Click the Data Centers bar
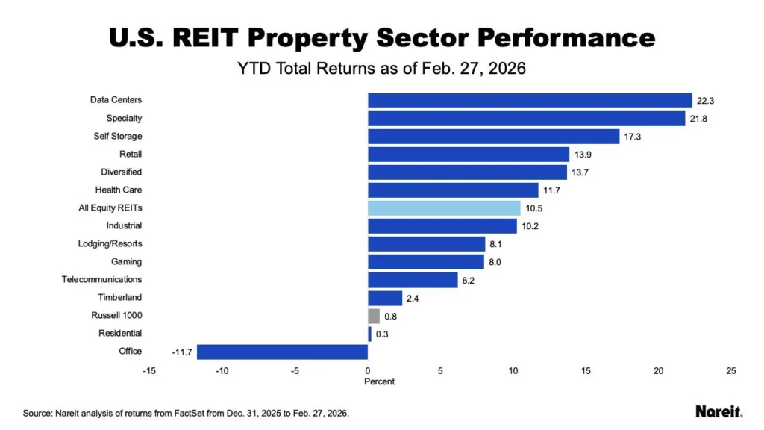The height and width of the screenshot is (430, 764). [530, 100]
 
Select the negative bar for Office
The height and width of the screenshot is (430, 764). [282, 352]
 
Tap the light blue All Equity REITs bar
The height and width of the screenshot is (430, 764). [444, 208]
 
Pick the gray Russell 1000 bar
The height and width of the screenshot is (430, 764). [374, 316]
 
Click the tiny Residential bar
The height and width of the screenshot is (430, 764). [369, 334]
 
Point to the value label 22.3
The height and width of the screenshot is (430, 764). [705, 101]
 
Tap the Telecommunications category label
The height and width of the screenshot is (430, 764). [101, 280]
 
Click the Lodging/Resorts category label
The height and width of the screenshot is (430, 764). [110, 244]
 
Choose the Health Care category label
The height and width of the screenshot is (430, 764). [118, 190]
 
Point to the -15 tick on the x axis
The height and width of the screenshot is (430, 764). [150, 371]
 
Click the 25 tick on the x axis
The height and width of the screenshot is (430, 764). [731, 371]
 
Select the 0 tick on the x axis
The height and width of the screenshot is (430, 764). [368, 371]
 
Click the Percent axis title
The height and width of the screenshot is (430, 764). [379, 382]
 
